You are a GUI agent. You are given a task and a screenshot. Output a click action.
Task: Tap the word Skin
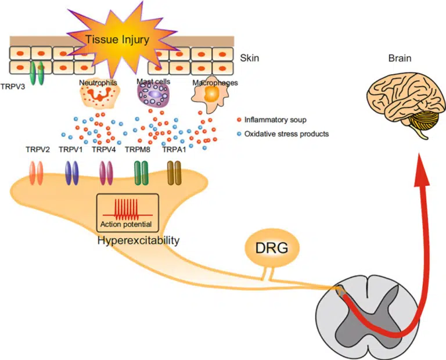click(249, 59)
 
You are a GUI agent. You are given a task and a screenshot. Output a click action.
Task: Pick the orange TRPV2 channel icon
click(37, 172)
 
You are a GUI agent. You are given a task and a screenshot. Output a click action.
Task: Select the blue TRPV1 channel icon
click(72, 172)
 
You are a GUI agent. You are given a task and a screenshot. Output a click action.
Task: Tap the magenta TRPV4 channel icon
click(106, 172)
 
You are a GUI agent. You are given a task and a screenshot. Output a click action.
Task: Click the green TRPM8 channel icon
click(141, 172)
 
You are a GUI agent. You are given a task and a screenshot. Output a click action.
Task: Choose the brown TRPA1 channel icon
click(174, 172)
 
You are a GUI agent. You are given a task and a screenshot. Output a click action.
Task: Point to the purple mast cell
click(153, 95)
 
